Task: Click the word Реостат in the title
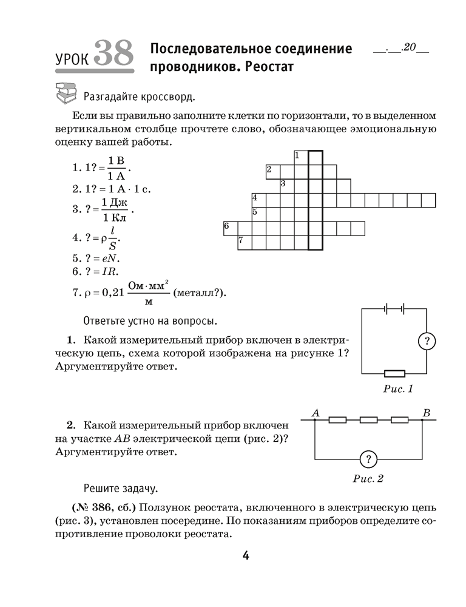pyautogui.click(x=265, y=67)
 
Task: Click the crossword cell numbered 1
pyautogui.click(x=301, y=157)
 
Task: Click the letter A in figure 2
pyautogui.click(x=316, y=413)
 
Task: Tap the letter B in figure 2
pyautogui.click(x=427, y=413)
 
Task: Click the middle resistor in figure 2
pyautogui.click(x=368, y=419)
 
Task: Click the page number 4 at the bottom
pyautogui.click(x=246, y=555)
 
